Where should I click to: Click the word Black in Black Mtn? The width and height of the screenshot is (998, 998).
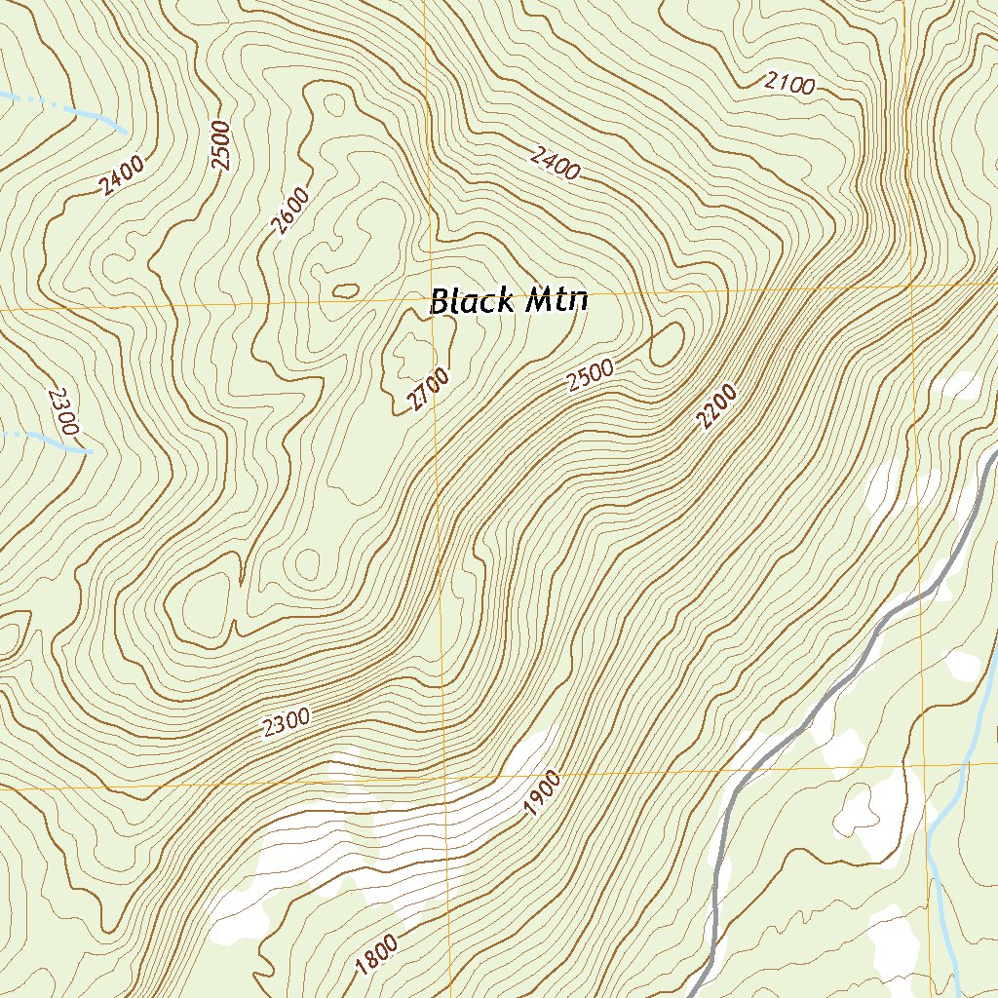(474, 301)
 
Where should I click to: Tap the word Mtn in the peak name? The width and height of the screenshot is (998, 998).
(557, 300)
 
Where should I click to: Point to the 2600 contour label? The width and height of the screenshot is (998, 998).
(290, 211)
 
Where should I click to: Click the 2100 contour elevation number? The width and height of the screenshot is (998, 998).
(788, 84)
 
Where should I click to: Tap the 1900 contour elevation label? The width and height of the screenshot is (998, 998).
(543, 792)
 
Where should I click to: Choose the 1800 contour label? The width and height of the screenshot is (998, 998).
(376, 955)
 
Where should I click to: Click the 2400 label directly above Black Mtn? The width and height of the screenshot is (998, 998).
(556, 163)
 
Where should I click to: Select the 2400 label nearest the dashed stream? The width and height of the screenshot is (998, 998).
(122, 175)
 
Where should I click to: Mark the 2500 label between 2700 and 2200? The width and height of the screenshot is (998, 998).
(590, 375)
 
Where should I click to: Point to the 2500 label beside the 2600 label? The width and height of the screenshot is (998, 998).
(220, 145)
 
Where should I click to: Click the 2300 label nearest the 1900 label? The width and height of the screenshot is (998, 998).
(287, 722)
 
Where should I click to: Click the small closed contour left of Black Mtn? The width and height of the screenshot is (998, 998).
(345, 290)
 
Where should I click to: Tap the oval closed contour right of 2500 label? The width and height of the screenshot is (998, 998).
(667, 345)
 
